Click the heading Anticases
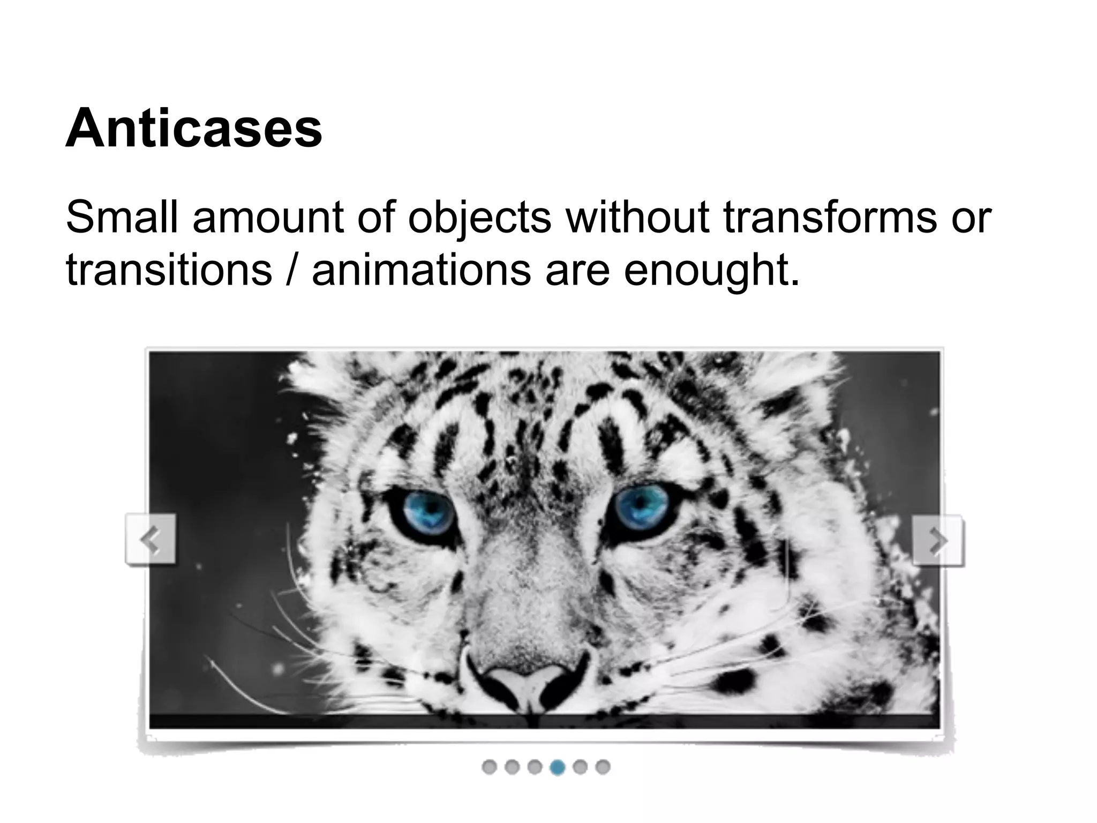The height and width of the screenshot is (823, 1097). pyautogui.click(x=193, y=129)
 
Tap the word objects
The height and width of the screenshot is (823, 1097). pyautogui.click(x=479, y=218)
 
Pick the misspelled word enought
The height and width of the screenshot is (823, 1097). pyautogui.click(x=711, y=270)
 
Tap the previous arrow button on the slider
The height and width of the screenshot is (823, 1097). pyautogui.click(x=151, y=539)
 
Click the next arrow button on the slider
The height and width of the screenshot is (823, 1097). pyautogui.click(x=937, y=540)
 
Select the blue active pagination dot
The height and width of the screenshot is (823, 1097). pyautogui.click(x=558, y=767)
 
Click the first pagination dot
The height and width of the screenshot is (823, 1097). pyautogui.click(x=489, y=767)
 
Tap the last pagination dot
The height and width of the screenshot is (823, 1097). pyautogui.click(x=603, y=767)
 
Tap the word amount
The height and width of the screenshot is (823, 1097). pyautogui.click(x=268, y=218)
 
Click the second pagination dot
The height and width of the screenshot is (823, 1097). pyautogui.click(x=512, y=767)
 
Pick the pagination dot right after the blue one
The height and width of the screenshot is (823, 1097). pyautogui.click(x=580, y=767)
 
